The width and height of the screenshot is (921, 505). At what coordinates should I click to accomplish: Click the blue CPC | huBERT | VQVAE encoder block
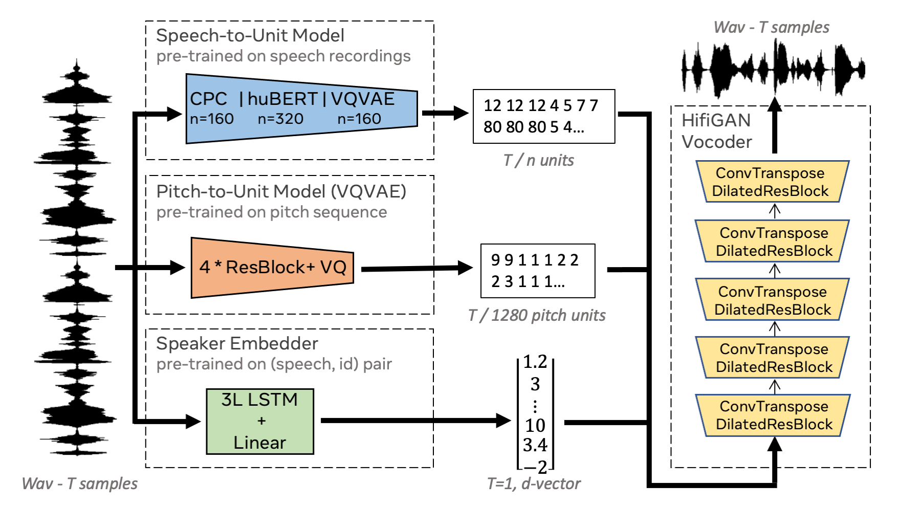click(301, 108)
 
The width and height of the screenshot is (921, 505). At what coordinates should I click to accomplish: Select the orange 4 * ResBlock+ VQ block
click(272, 267)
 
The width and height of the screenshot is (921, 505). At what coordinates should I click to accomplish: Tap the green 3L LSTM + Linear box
click(260, 421)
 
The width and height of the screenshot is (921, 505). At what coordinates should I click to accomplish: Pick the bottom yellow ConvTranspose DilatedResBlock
click(774, 415)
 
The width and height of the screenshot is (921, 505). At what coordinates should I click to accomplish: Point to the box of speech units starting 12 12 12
click(543, 116)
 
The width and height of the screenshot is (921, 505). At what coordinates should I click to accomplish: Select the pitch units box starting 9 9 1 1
click(537, 271)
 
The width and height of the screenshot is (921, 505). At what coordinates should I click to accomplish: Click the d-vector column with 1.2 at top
click(535, 414)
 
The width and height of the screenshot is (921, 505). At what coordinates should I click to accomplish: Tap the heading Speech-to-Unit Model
click(250, 35)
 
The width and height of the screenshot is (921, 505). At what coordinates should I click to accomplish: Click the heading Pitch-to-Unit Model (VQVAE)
click(281, 191)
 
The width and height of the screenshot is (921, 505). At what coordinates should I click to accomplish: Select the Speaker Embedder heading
click(237, 343)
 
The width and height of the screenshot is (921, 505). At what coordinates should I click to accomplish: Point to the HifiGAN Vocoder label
click(717, 131)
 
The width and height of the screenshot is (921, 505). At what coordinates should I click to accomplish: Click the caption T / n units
click(538, 161)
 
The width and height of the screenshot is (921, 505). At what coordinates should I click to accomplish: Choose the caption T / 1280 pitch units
click(537, 315)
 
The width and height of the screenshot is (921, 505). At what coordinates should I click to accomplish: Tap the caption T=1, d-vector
click(534, 484)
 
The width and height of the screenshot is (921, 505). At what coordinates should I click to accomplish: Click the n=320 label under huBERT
click(280, 119)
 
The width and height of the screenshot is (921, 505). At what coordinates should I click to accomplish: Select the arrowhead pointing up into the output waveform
click(775, 104)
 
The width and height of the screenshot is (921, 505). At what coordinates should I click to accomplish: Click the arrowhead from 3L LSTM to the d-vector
click(503, 421)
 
